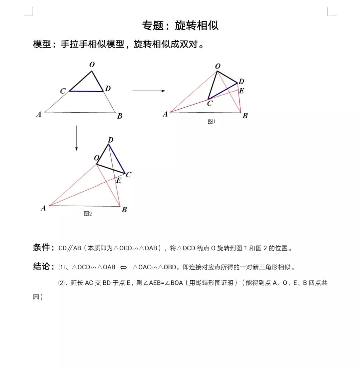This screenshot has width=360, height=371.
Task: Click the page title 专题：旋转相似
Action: click(180, 26)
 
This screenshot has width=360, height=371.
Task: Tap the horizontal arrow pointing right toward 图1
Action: click(149, 91)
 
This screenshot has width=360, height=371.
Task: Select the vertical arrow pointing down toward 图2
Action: click(76, 138)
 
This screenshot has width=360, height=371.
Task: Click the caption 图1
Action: click(212, 122)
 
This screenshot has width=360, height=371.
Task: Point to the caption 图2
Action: click(88, 214)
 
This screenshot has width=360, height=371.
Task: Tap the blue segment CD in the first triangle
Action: click(86, 91)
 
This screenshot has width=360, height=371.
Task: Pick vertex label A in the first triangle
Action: click(39, 115)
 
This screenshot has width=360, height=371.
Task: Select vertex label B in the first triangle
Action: click(119, 116)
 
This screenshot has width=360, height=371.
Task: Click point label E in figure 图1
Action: click(242, 91)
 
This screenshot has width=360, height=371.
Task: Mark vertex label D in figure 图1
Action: click(241, 81)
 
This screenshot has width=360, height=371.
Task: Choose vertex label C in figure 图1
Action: click(209, 104)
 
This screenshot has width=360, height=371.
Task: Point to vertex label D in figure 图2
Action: click(111, 140)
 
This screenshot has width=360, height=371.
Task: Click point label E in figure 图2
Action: click(119, 181)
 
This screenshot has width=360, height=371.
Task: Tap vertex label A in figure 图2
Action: click(43, 208)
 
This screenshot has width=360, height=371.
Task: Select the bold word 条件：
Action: click(44, 248)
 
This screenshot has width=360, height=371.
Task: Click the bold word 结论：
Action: click(44, 267)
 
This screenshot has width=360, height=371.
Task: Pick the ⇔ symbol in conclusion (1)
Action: click(123, 267)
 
